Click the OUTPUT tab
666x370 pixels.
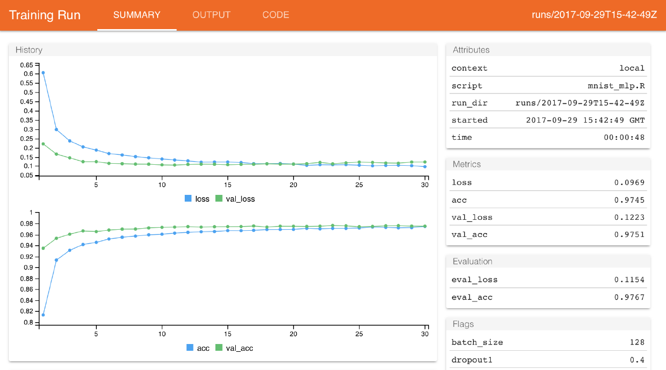pos(211,15)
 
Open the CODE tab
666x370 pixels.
pos(276,15)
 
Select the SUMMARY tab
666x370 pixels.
pos(137,15)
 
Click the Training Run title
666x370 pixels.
pos(45,15)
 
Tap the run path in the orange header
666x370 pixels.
pos(594,15)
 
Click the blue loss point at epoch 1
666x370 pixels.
pos(43,73)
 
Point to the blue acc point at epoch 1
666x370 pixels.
pos(43,315)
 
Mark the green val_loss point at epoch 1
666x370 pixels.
pos(43,144)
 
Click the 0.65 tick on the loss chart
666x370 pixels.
pos(26,65)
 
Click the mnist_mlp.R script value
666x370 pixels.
pos(612,86)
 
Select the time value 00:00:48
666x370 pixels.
pos(624,138)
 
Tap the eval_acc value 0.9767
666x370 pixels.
pos(629,298)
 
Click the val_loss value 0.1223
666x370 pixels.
pos(629,217)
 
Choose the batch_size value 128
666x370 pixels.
pos(636,342)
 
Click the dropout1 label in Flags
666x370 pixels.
pos(470,360)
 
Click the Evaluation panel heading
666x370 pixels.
pos(472,261)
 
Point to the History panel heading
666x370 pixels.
pos(29,50)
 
